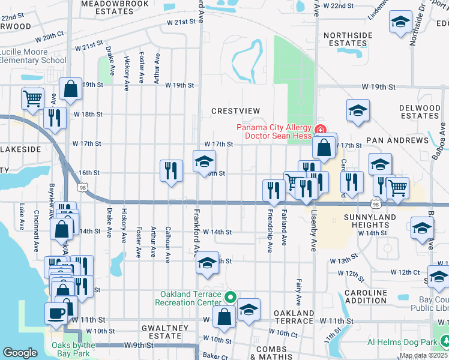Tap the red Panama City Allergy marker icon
pyautogui.click(x=320, y=129)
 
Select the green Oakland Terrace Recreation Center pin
pyautogui.click(x=229, y=297)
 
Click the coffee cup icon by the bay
pyautogui.click(x=56, y=313)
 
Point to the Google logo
pyautogui.click(x=20, y=353)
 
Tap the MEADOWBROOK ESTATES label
pyautogui.click(x=107, y=7)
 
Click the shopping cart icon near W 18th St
pyautogui.click(x=32, y=97)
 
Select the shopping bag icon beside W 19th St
pyautogui.click(x=71, y=89)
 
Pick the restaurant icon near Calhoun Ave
pyautogui.click(x=171, y=170)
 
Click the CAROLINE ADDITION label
pyautogui.click(x=366, y=296)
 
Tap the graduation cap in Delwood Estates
pyautogui.click(x=357, y=110)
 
